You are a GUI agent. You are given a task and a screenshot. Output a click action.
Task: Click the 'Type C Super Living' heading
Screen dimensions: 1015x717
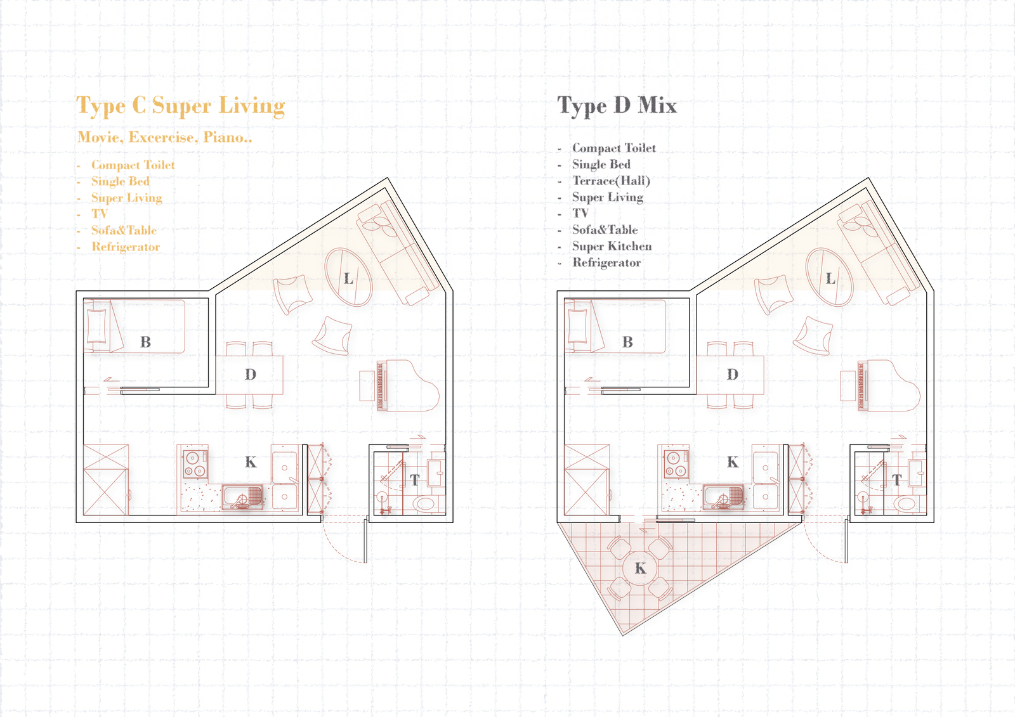(180, 106)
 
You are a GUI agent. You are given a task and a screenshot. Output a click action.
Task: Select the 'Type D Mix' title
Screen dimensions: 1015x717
(617, 106)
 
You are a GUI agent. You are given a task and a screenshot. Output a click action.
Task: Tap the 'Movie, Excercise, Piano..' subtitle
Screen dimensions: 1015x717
(164, 137)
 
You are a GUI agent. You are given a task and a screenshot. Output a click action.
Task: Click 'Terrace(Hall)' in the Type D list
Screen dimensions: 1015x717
(612, 181)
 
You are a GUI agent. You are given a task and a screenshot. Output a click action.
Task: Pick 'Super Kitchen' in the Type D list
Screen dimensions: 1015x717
(612, 246)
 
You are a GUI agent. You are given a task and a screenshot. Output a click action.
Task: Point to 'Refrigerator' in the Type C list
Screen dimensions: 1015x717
(126, 247)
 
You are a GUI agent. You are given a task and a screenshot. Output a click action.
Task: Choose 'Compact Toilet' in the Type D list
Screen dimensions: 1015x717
(614, 148)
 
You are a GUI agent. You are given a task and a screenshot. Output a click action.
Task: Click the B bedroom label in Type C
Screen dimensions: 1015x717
(145, 342)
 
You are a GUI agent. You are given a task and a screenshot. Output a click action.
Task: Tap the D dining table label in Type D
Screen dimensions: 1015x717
(732, 375)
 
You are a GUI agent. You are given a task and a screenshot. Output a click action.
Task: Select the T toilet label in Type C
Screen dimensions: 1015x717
(415, 480)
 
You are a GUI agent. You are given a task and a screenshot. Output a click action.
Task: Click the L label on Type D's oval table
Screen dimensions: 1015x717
(830, 278)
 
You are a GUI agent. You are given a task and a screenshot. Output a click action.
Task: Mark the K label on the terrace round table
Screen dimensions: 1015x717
(640, 568)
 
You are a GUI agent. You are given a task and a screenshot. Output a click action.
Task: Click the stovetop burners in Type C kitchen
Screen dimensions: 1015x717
(195, 464)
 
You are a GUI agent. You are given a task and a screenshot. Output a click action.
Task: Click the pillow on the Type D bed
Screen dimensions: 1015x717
(577, 326)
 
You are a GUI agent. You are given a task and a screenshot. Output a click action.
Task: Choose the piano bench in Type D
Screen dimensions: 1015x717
(848, 385)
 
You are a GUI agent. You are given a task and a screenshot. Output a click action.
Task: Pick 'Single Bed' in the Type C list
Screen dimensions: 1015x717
(120, 181)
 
